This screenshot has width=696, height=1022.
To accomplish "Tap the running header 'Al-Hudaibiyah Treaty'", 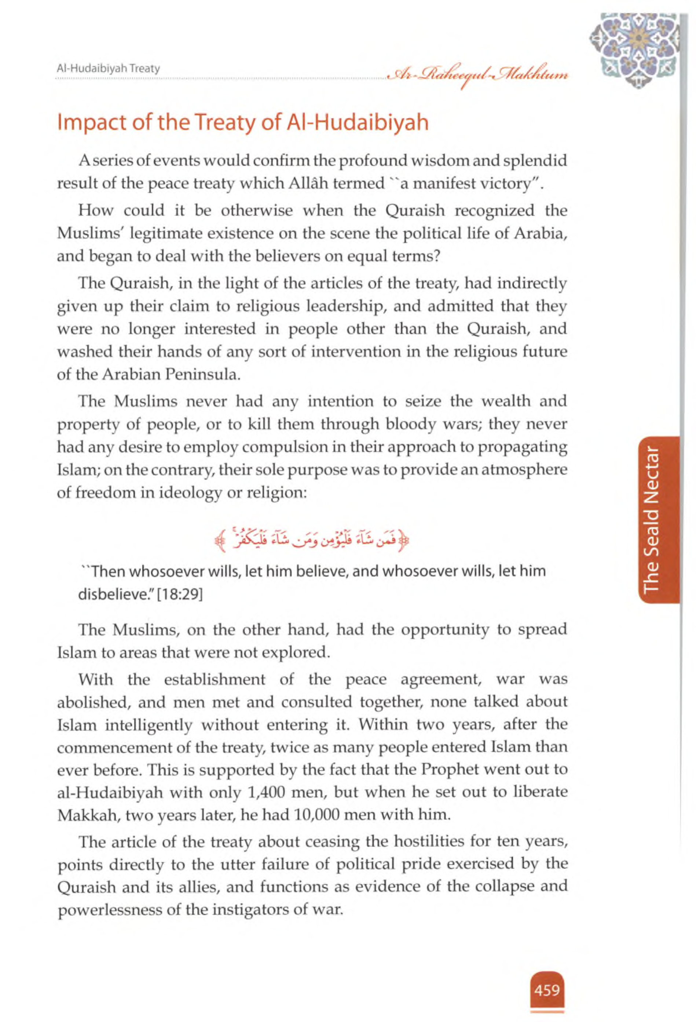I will [109, 69].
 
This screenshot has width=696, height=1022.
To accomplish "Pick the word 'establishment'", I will [215, 679].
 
